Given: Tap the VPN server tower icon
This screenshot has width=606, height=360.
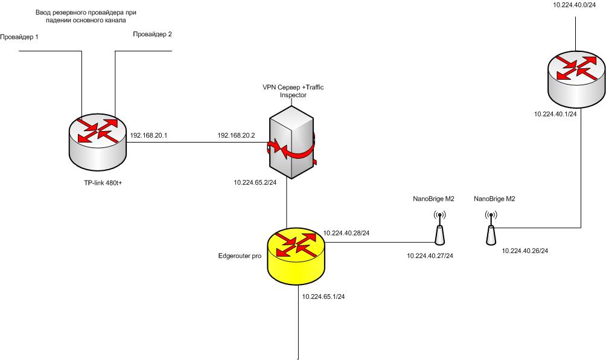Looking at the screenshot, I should (x=292, y=140).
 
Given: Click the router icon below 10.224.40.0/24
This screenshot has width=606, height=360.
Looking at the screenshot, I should (x=576, y=72).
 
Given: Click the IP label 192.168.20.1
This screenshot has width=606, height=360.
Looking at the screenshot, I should (x=148, y=135).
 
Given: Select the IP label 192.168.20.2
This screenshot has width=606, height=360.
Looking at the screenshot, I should (x=237, y=135).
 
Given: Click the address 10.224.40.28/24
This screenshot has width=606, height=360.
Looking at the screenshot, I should (x=346, y=233).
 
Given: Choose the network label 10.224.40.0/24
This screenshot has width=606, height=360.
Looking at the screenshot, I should (x=575, y=5).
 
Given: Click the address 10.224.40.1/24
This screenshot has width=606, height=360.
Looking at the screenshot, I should (x=556, y=114).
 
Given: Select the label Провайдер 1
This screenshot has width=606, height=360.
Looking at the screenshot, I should (x=19, y=37).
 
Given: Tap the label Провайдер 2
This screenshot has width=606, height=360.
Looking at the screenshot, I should (x=152, y=34).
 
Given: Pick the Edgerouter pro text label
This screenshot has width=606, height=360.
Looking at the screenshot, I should (x=239, y=256).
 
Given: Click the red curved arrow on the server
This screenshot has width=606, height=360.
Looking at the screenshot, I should (x=296, y=150).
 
